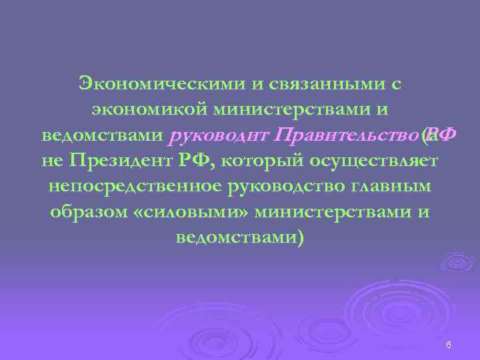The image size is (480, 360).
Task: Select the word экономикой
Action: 138,110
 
